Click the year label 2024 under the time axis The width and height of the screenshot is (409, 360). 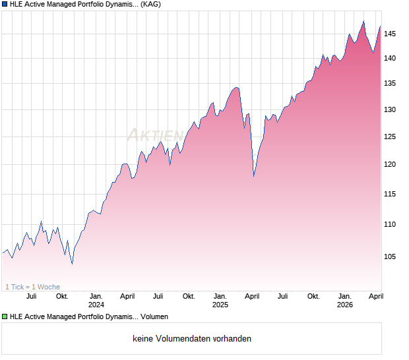coord(96,305)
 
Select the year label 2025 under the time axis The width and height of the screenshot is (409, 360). coord(220,305)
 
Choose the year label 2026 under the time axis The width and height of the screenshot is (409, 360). coord(345,305)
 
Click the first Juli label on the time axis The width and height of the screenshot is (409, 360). coord(30,297)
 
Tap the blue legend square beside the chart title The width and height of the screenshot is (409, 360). coord(5,5)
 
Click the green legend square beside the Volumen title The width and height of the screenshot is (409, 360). coord(5,317)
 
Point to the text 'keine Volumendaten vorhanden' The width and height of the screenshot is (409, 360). coord(192,339)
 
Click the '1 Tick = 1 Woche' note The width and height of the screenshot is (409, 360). coord(33,287)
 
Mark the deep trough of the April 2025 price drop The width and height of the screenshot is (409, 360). coord(254,176)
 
